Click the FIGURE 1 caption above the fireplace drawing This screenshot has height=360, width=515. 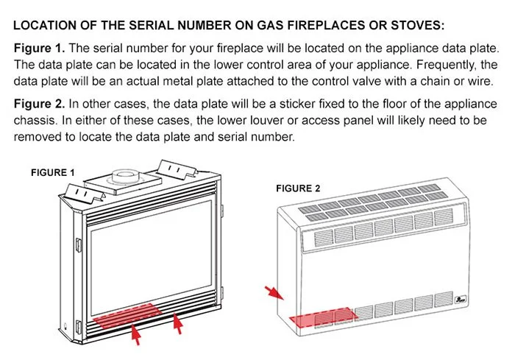pyautogui.click(x=53, y=172)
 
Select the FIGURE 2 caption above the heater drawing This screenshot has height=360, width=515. pyautogui.click(x=298, y=188)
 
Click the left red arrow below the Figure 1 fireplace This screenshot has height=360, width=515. pyautogui.click(x=135, y=336)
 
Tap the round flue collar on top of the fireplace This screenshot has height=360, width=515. pyautogui.click(x=122, y=176)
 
